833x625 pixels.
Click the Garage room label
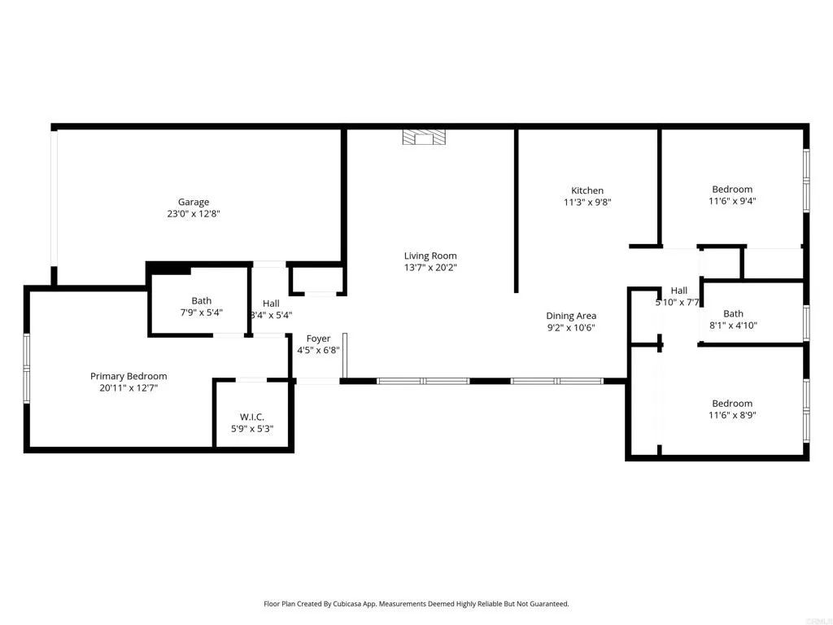[194, 202]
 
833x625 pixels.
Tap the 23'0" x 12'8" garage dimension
[194, 214]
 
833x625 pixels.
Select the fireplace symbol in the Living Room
[424, 137]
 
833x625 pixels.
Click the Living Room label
[430, 256]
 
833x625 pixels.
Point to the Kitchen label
[587, 190]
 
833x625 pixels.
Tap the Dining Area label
[570, 316]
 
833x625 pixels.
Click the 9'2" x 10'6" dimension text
[570, 328]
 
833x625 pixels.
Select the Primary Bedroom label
[129, 376]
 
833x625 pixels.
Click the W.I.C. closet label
[252, 417]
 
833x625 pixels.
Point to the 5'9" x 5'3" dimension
[252, 429]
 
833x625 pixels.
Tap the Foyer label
[318, 339]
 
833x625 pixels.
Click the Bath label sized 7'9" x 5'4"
[201, 300]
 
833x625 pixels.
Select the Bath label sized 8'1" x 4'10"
[733, 313]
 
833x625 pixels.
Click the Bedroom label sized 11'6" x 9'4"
[732, 190]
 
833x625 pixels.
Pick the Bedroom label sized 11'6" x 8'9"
[732, 403]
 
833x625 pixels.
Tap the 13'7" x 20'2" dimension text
[430, 268]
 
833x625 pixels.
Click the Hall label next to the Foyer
[271, 304]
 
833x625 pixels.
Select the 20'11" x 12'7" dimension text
[129, 388]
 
